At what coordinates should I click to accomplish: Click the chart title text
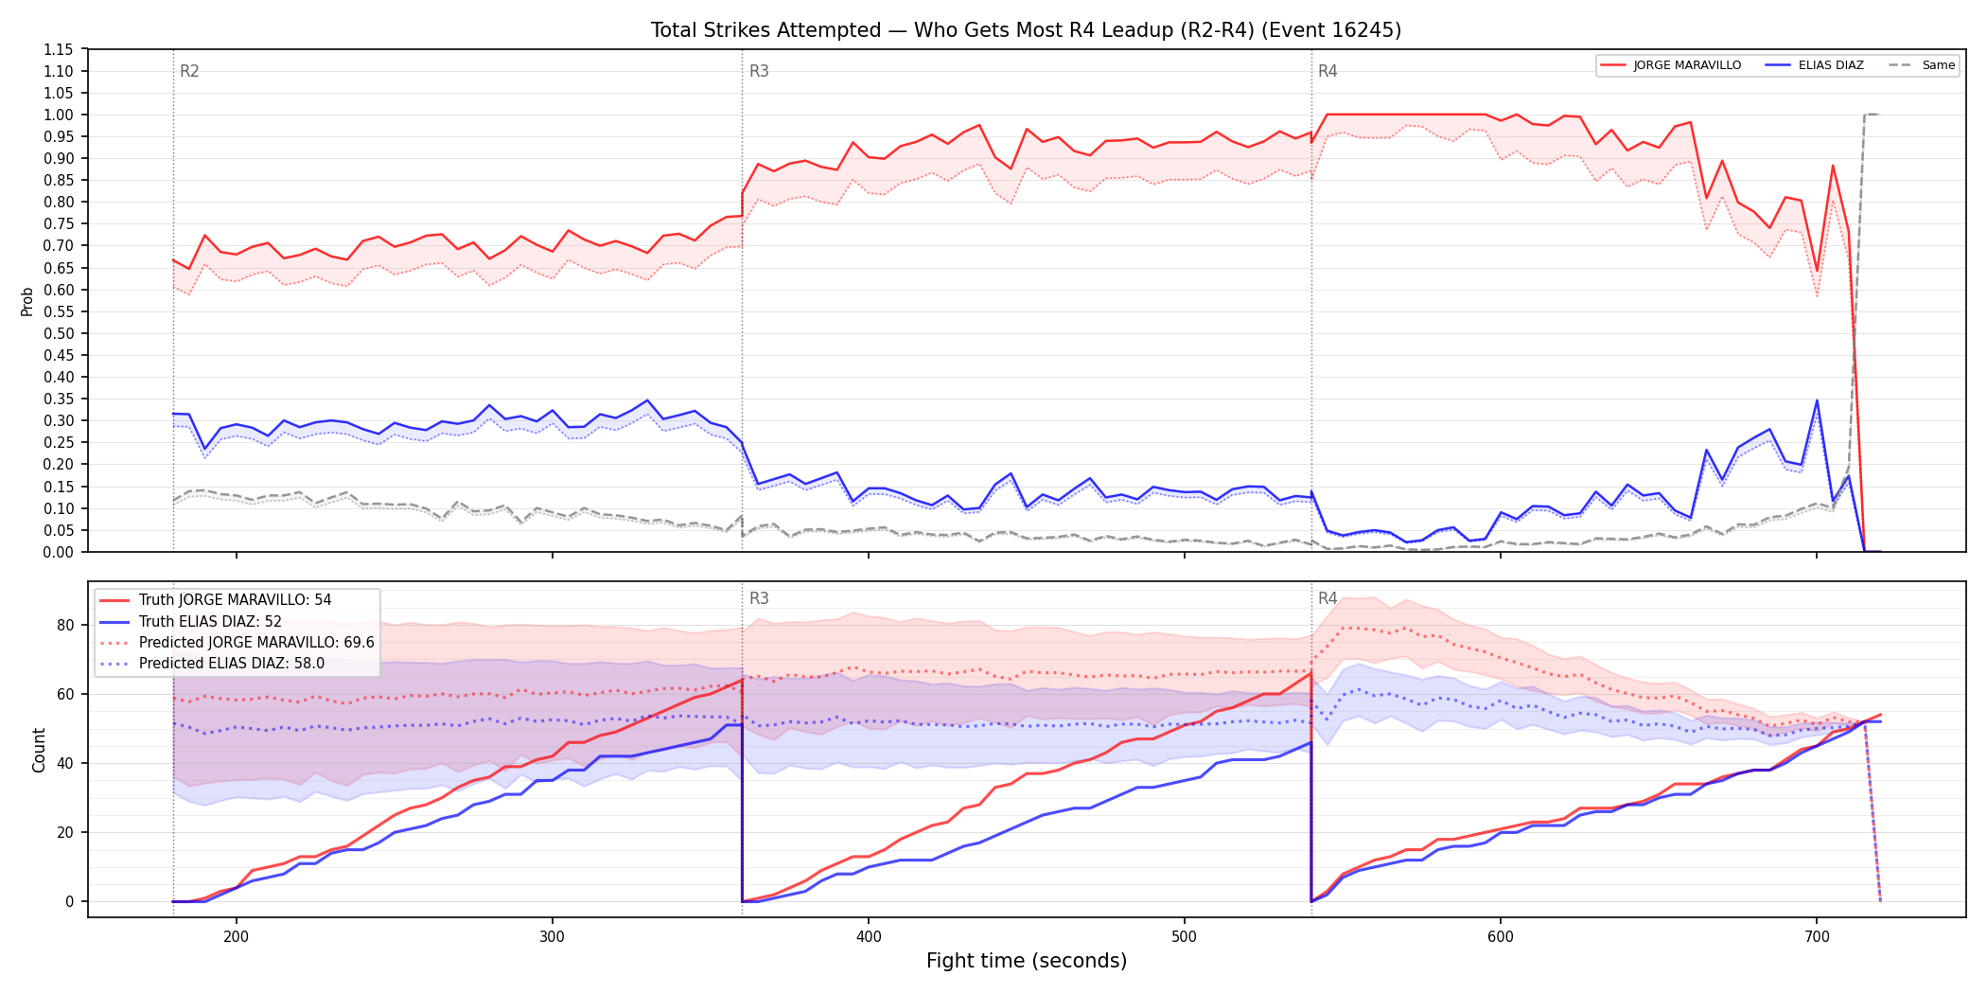pos(1026,30)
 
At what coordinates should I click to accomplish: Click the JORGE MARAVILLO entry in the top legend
pos(1671,65)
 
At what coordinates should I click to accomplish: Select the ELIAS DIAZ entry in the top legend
pos(1815,65)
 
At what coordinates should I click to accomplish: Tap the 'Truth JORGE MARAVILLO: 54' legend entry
pos(215,600)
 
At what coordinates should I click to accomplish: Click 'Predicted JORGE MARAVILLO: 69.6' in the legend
pos(237,643)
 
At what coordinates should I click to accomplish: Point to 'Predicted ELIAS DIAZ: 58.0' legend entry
pos(212,664)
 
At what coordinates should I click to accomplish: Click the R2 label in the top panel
pos(189,71)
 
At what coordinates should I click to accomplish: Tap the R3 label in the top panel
pos(759,71)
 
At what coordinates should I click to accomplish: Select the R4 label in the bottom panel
pos(1328,598)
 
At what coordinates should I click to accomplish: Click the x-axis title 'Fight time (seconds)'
pos(1027,961)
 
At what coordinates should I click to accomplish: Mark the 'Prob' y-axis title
pos(27,301)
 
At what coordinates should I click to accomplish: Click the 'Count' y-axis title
pos(39,750)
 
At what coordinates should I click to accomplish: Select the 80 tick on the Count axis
pos(65,625)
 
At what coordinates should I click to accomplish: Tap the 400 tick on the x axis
pos(869,937)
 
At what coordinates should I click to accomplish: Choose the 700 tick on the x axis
pos(1817,937)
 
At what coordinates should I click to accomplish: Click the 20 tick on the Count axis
pos(65,833)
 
